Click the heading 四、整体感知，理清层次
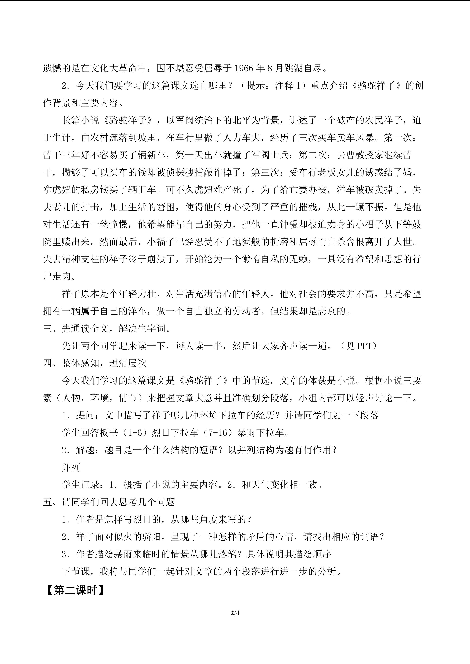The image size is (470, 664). coord(95,363)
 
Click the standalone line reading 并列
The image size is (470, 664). coord(71,467)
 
